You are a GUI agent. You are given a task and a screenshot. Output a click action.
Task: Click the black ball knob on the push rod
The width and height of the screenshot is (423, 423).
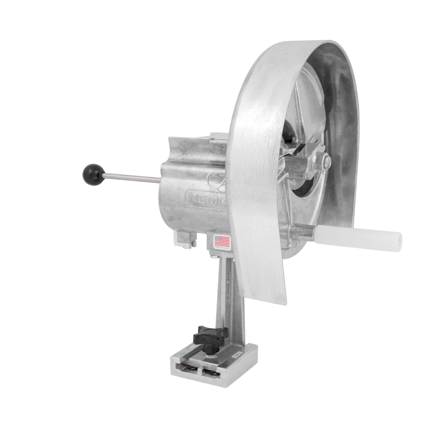pos(93,174)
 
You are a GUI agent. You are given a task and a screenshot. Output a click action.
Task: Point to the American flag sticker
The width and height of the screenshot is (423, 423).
pos(222,242)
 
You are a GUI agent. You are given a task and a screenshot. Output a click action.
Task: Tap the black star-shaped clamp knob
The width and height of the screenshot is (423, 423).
pos(211,336)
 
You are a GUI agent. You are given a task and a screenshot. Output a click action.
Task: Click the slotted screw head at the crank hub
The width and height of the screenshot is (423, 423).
pos(327,161)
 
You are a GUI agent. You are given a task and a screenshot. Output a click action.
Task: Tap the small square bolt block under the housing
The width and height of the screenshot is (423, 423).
pos(185,239)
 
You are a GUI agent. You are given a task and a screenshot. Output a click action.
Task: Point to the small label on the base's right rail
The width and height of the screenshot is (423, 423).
pos(237,356)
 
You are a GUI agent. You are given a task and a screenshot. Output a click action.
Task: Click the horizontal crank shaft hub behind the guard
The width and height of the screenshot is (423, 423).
pos(296,165)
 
